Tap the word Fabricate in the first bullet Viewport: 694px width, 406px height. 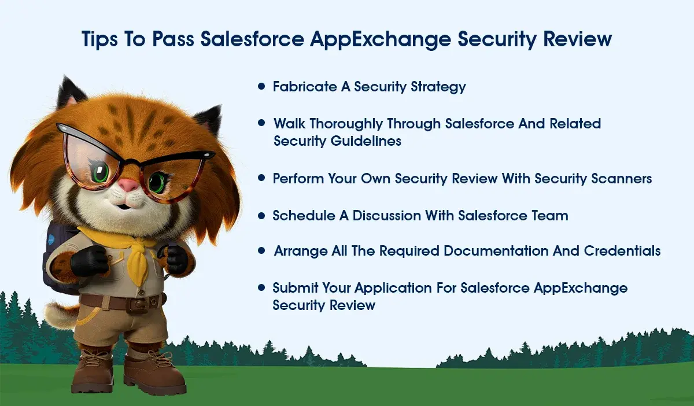pyautogui.click(x=305, y=87)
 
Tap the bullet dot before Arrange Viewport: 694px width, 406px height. pyautogui.click(x=261, y=251)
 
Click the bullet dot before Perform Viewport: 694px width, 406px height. pyautogui.click(x=261, y=179)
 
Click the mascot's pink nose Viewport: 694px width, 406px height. pyautogui.click(x=130, y=184)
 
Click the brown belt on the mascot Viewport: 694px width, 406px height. pyautogui.click(x=121, y=301)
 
